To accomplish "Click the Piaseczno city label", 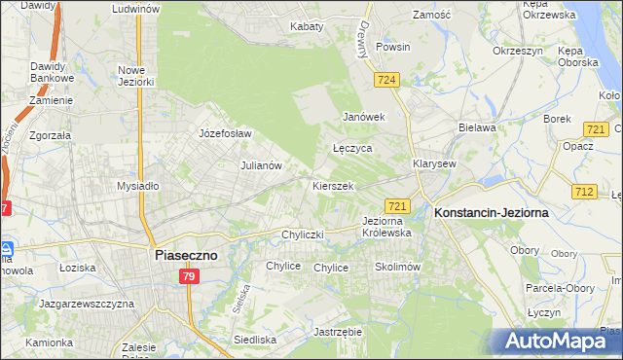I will [188, 255].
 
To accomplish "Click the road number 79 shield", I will [191, 278].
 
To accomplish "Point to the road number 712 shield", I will [584, 192].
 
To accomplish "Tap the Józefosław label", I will [225, 133].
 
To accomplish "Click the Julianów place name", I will [261, 165].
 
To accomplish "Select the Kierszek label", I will [332, 185].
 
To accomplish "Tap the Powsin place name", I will [392, 47].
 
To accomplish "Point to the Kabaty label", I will [306, 26].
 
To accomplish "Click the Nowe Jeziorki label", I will [136, 76].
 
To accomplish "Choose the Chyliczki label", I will [301, 234].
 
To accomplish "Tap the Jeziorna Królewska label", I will [386, 227].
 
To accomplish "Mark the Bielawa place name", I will [477, 127].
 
